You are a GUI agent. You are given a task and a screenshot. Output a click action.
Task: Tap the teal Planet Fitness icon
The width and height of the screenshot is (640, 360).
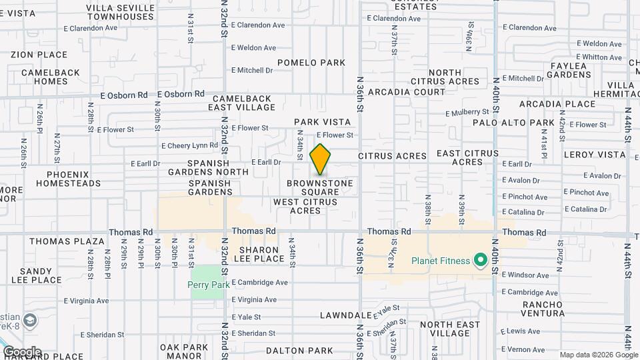480,261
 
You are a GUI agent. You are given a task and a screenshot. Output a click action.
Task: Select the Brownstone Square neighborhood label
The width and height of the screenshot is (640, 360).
320,187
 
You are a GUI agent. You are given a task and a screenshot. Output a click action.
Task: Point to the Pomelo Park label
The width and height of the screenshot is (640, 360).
311,63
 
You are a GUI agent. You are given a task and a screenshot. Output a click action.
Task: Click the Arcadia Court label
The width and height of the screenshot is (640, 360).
406,91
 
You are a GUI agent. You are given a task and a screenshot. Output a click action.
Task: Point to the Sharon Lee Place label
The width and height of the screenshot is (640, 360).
260,254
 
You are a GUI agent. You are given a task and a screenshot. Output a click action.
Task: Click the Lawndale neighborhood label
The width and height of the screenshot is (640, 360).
345,315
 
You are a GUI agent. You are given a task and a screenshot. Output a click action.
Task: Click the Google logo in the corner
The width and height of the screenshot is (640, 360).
21,352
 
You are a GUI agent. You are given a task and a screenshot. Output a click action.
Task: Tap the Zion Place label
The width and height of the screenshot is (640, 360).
39,55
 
